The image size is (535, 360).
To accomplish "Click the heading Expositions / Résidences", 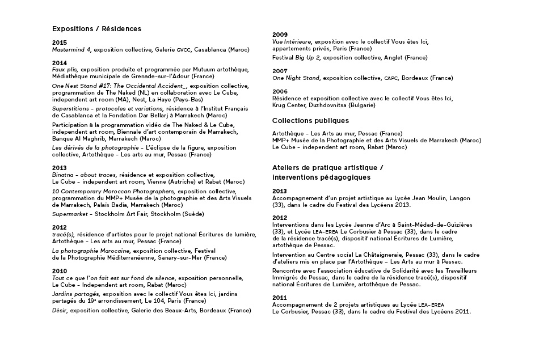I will pyautogui.click(x=96, y=28).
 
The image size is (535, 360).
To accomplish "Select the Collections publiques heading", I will pyautogui.click(x=310, y=121).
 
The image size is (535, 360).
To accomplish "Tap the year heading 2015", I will pyautogui.click(x=59, y=43).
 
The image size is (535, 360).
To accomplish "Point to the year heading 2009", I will pyautogui.click(x=280, y=35).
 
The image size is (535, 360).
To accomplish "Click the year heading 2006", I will pyautogui.click(x=280, y=91).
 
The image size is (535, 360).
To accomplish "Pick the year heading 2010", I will pyautogui.click(x=59, y=271).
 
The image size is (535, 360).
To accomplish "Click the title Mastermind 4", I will pyautogui.click(x=72, y=50).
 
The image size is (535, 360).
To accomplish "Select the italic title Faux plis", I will pyautogui.click(x=64, y=69).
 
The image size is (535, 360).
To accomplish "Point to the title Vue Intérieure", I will pyautogui.click(x=292, y=42).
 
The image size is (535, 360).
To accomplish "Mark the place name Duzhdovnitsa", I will pyautogui.click(x=322, y=105).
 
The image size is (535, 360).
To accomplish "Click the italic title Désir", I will pyautogui.click(x=60, y=311).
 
